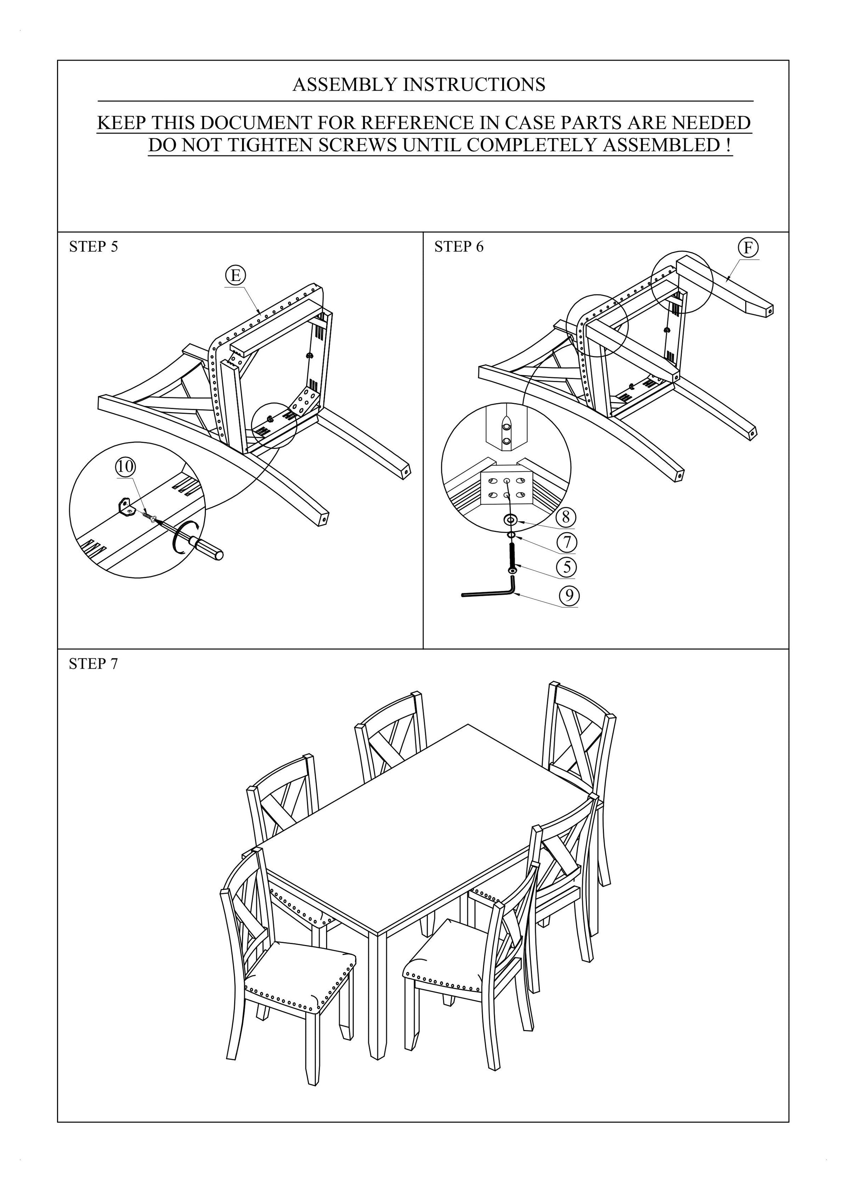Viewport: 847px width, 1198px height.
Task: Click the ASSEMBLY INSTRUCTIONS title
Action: click(419, 85)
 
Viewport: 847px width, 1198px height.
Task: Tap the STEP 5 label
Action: click(94, 247)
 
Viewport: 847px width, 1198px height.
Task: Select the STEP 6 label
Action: click(459, 247)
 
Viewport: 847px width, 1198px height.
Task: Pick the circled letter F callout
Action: click(748, 247)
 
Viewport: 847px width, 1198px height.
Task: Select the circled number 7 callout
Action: click(567, 542)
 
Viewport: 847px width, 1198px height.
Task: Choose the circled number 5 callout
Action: click(566, 567)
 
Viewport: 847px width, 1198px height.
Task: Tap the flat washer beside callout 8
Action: click(510, 520)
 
